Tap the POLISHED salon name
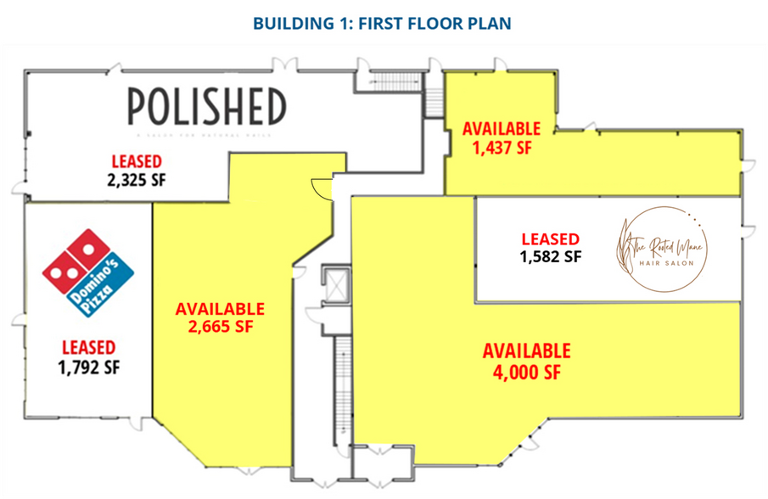coord(206,108)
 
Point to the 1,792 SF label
coord(88,367)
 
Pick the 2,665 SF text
coord(220,327)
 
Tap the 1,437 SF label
coord(500,146)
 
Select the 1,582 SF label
coord(550,255)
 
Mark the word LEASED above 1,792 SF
coord(88,347)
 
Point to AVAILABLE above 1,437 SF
coord(500,128)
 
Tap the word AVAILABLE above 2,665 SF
coord(220,309)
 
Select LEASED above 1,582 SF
coord(550,238)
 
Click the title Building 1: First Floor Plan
coord(384,22)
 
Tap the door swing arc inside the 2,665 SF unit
coord(322,185)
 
